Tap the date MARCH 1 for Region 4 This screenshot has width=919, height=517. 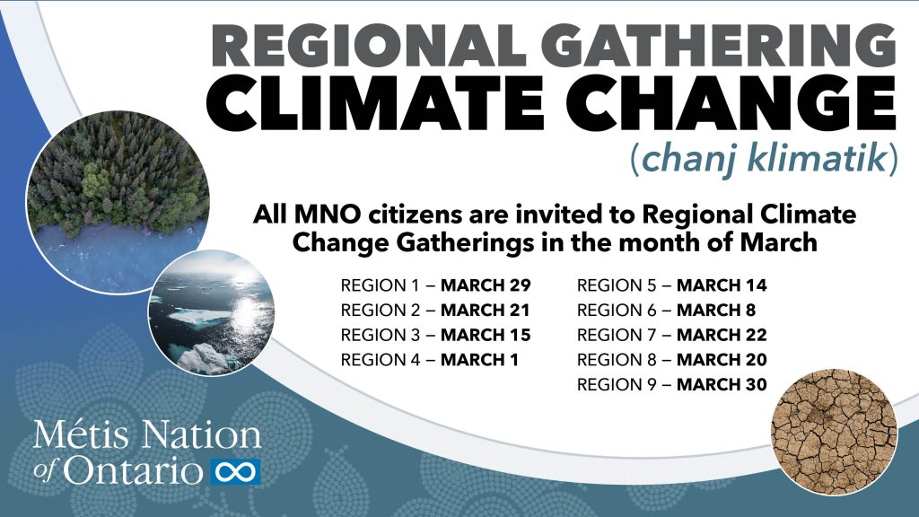click(480, 360)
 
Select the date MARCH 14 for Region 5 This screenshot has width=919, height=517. click(722, 286)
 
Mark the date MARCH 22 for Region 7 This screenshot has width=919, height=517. click(722, 336)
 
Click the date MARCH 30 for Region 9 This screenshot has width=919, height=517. click(722, 384)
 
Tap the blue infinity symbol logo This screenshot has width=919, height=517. click(234, 469)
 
